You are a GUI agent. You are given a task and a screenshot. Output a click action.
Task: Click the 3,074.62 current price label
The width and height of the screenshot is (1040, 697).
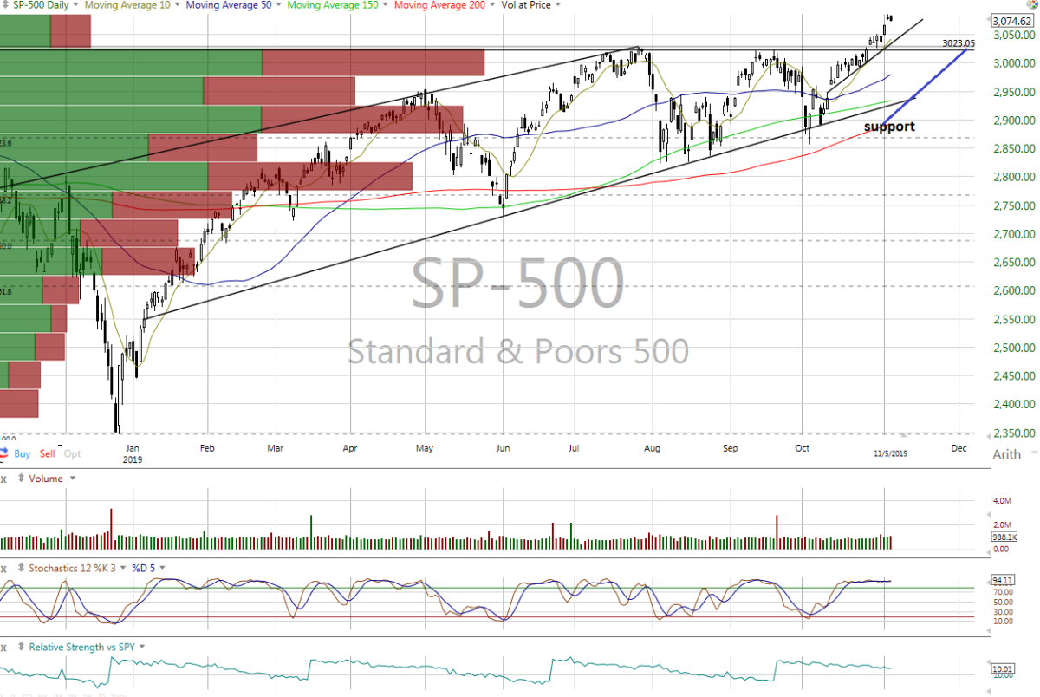click(1011, 21)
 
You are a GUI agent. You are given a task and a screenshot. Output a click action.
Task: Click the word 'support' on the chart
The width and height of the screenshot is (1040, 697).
click(888, 127)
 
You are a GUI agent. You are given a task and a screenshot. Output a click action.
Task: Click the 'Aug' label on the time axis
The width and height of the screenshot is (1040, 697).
click(653, 448)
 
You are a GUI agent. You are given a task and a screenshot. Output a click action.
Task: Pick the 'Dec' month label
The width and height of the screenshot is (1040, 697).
click(959, 448)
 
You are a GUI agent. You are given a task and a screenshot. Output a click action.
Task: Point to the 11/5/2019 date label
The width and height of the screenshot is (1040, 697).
click(890, 453)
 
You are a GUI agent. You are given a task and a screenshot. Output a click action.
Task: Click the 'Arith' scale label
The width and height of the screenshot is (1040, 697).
click(1006, 454)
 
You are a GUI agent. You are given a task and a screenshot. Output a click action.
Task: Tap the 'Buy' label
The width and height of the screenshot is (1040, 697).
click(23, 453)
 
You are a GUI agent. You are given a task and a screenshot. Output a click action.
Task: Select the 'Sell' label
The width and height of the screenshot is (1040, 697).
click(47, 453)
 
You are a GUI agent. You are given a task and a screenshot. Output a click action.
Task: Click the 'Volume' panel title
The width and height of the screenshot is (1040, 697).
click(46, 478)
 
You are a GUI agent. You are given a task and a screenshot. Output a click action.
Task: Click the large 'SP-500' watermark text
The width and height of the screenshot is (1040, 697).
click(517, 283)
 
